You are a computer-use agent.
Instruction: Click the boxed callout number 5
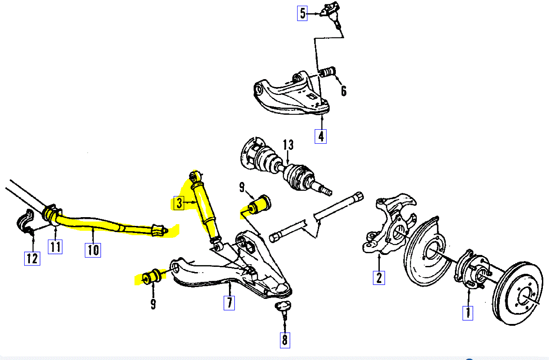point(302,14)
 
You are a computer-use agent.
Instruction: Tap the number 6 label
point(344,91)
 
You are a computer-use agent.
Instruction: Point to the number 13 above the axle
point(288,145)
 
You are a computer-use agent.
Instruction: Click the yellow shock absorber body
point(205,206)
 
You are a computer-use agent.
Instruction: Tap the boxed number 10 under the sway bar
point(93,250)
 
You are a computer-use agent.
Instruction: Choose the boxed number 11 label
point(55,247)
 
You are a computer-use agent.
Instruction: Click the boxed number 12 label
point(32,258)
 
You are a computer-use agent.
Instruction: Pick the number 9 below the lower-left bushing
point(153,303)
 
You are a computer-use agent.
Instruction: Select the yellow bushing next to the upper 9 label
point(260,204)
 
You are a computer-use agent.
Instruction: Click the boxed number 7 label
point(229,303)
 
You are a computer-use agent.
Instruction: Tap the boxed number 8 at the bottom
point(284,340)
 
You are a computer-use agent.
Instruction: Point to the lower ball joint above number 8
point(283,307)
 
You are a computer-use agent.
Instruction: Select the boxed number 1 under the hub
point(468,313)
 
